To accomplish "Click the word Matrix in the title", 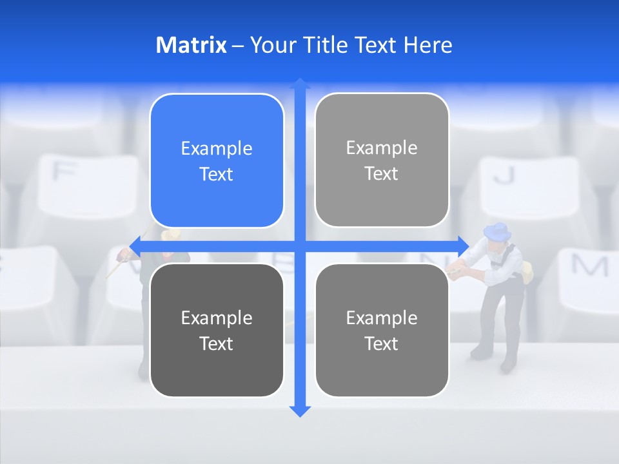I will point(191,45).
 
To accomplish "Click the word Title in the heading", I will point(328,45).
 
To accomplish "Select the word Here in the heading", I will point(427,45).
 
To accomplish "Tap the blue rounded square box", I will point(217,160).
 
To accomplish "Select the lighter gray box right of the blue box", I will point(382,160).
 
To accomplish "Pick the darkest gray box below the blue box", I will point(217,330).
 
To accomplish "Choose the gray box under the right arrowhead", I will point(382,330).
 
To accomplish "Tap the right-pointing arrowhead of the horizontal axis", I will point(463,246).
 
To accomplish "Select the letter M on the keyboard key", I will point(589,265).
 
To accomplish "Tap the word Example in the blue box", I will point(217,148).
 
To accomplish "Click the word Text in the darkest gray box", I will point(217,343).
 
